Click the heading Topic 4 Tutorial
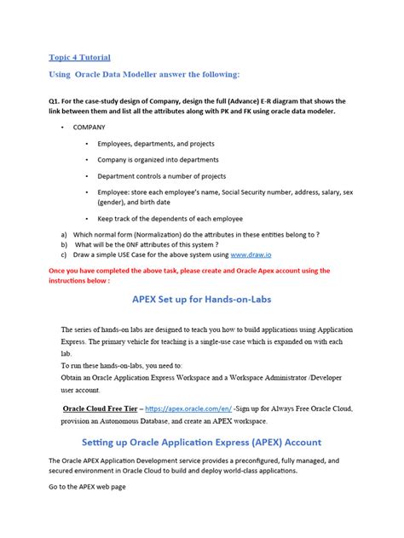pos(79,57)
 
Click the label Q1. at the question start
pos(55,100)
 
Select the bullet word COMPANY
pos(89,127)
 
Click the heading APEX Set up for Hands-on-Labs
pos(201,299)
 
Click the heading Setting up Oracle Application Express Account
pos(201,442)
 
